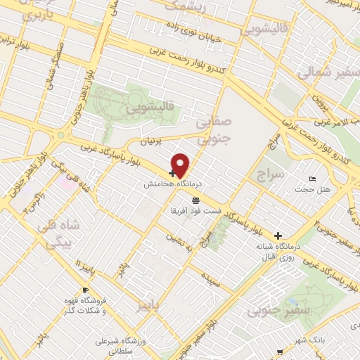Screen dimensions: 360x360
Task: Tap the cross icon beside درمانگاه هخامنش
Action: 172,173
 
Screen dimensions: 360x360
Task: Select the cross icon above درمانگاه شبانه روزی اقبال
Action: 279,235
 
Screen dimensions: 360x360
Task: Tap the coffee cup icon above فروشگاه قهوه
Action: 85,290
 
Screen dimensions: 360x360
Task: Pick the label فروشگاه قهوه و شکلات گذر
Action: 84,305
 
